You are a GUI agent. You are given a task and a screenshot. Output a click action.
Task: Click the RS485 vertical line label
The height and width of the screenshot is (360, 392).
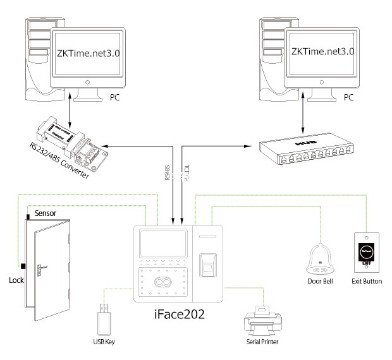(x=168, y=174)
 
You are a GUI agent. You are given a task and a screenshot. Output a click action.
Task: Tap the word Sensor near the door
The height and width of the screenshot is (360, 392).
(x=46, y=213)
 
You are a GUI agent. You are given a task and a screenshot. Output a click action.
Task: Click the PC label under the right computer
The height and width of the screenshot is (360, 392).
(x=348, y=98)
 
